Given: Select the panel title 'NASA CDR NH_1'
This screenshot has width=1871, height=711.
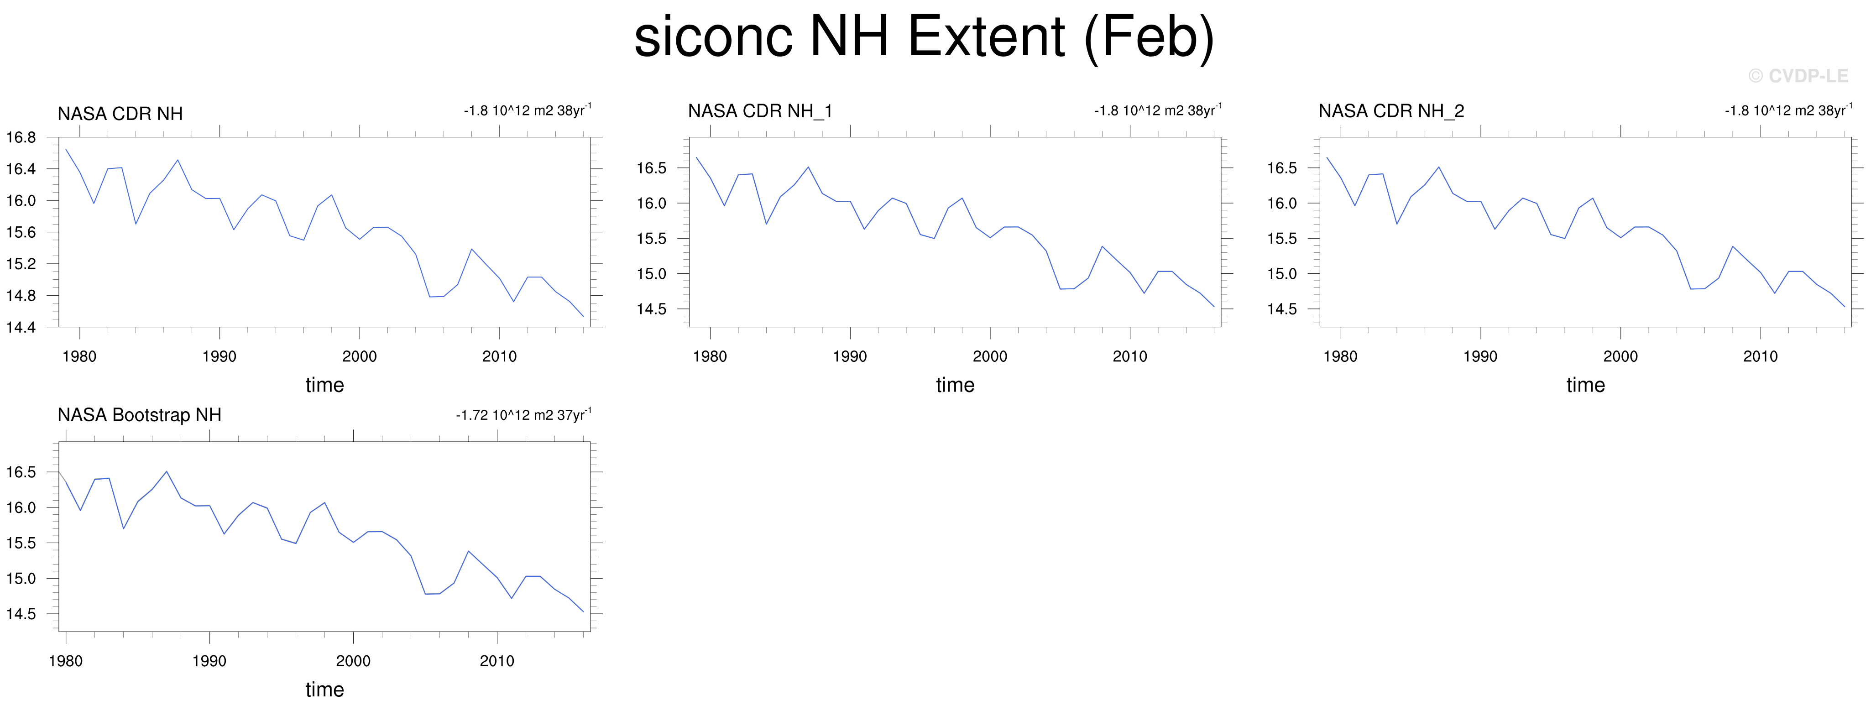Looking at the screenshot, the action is (x=760, y=111).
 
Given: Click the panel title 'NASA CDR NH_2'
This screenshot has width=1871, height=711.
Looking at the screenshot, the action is (x=1391, y=111).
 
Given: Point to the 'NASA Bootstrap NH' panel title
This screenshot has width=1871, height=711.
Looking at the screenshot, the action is (x=140, y=415).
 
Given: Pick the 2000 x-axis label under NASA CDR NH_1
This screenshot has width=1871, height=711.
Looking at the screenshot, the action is (x=990, y=356).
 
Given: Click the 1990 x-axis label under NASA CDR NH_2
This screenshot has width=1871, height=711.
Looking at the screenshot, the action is (x=1480, y=356).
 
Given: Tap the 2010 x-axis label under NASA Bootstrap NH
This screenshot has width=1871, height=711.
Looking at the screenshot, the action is (x=497, y=661).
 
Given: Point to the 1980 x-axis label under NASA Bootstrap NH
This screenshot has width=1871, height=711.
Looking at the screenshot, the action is (x=65, y=661).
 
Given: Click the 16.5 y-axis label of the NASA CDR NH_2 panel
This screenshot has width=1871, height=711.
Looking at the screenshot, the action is (x=1282, y=168).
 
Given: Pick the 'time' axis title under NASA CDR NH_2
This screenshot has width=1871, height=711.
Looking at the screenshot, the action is (x=1585, y=385).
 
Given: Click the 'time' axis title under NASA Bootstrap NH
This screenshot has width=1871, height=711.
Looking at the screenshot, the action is (x=324, y=689).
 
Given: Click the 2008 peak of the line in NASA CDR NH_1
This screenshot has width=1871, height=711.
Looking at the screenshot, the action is (x=1102, y=246).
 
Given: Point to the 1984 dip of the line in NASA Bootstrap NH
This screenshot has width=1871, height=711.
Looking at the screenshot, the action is (x=124, y=529).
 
